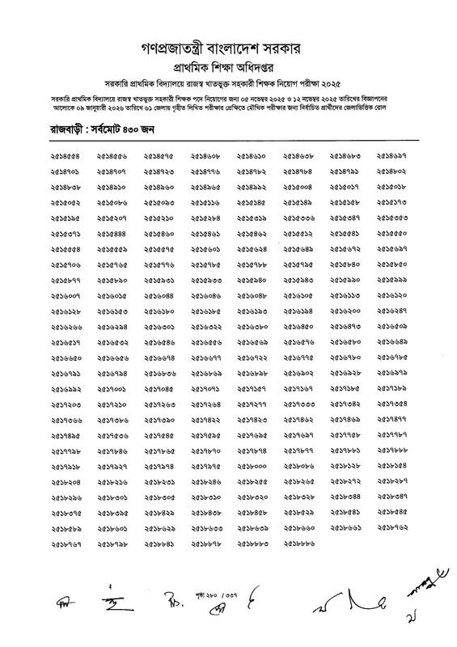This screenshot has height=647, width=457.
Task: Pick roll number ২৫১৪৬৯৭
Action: point(391,156)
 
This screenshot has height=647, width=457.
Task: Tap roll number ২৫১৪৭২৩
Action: point(159,171)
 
